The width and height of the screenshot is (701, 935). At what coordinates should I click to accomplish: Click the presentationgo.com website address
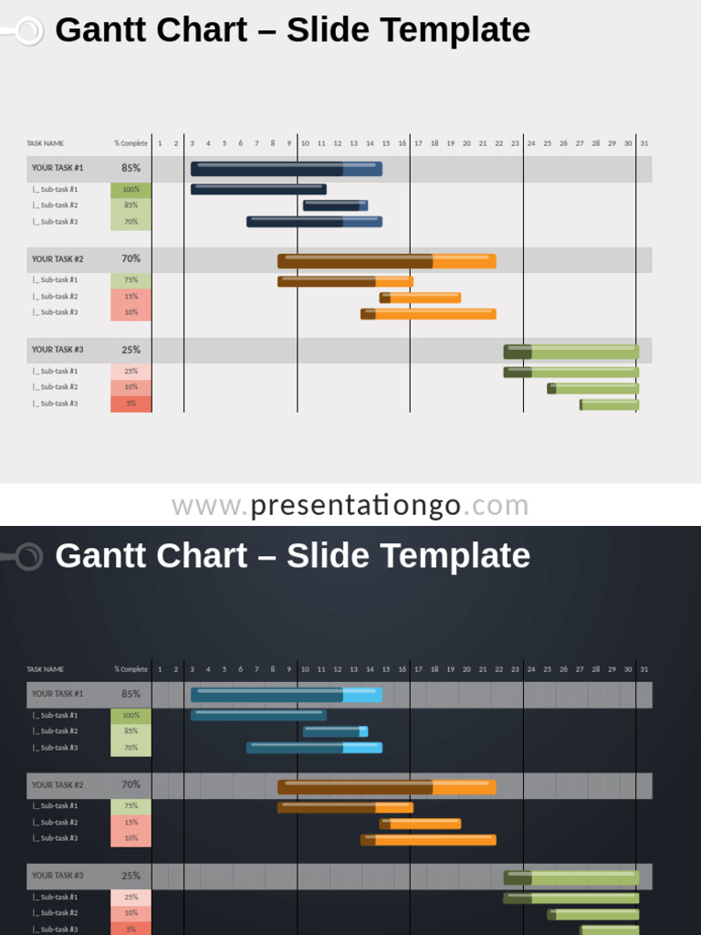[350, 505]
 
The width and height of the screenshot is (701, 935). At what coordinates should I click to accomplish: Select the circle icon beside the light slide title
[29, 31]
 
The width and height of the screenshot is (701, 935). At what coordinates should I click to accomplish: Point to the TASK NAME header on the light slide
[45, 143]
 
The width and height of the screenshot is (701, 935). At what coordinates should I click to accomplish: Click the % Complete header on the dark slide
[131, 669]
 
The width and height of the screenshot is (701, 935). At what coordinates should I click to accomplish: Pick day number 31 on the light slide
[644, 143]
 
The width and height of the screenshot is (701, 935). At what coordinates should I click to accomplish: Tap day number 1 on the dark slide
[160, 669]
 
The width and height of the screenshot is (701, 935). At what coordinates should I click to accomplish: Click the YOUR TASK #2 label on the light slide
[58, 259]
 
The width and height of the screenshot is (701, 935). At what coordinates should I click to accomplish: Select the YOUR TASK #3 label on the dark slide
[58, 876]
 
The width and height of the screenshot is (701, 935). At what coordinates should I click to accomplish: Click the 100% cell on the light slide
[131, 190]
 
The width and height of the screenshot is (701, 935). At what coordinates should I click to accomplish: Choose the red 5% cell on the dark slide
[131, 929]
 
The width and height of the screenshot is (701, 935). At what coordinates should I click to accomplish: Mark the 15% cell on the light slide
[131, 297]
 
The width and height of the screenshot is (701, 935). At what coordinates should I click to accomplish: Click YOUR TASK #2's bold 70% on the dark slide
[131, 784]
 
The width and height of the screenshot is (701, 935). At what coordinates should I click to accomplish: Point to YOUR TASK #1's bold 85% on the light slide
[131, 168]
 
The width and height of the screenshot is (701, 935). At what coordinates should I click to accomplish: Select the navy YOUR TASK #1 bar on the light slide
[286, 169]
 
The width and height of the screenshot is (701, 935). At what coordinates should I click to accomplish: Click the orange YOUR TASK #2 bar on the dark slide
[386, 786]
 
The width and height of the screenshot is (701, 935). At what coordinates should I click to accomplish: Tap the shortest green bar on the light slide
[609, 404]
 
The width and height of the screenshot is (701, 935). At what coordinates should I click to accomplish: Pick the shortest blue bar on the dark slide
[335, 731]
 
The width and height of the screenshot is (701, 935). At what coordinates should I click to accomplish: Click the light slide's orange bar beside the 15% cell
[420, 298]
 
